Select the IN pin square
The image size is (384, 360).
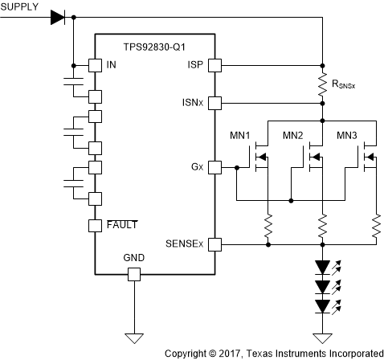pos(94,65)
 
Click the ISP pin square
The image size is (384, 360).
pos(214,65)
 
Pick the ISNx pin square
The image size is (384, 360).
pos(214,102)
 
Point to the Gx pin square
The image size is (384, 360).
pos(214,167)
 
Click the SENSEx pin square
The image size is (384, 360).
pos(214,243)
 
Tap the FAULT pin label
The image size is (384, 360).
pos(121,225)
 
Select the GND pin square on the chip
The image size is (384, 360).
pos(134,275)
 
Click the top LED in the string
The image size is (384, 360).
pos(321,266)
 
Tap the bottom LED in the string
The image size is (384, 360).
pos(321,306)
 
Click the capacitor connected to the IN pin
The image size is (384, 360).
pos(73,83)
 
